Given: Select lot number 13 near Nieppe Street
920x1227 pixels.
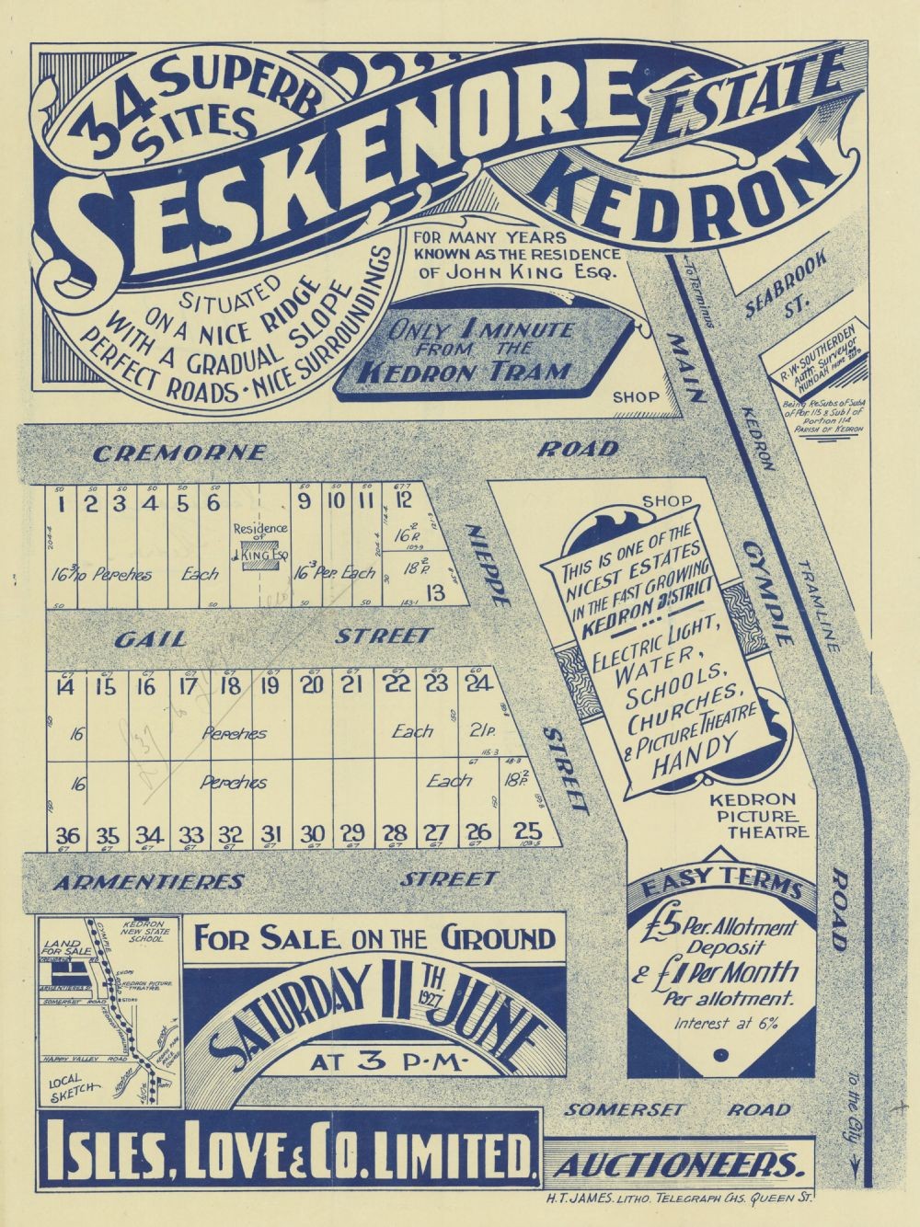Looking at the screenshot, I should [435, 593].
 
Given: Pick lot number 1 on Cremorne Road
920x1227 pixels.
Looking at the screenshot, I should [61, 502].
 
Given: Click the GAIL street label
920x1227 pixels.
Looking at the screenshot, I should [150, 637].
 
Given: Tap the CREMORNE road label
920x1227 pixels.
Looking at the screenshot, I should [181, 453].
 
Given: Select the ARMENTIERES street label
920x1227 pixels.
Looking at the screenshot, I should [148, 881].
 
